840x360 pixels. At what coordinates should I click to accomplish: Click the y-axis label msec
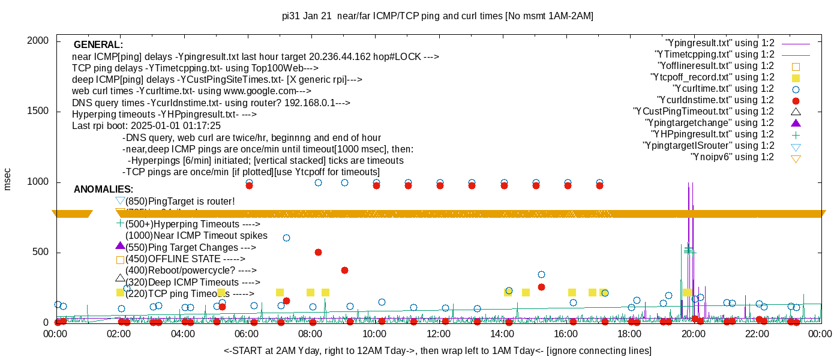[8, 178]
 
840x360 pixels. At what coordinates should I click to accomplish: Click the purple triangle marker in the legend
[796, 123]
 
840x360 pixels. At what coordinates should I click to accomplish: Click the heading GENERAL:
[98, 45]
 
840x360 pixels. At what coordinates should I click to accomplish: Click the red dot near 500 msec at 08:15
[318, 253]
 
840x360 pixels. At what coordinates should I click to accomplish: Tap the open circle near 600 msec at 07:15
[286, 238]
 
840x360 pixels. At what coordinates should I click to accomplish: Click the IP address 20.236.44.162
[348, 57]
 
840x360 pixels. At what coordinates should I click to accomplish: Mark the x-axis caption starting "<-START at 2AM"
[437, 350]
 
